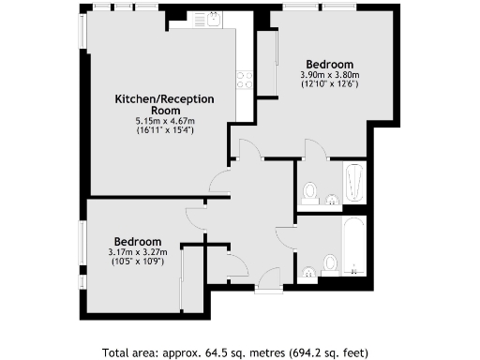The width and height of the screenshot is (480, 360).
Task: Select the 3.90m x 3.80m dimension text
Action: pos(329,75)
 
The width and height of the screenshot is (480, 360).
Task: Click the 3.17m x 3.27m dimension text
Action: pos(137,252)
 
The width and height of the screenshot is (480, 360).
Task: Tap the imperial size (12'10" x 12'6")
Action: pos(329,84)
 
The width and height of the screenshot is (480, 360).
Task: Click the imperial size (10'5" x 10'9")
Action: pos(137,262)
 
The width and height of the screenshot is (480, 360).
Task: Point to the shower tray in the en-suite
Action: pos(352,183)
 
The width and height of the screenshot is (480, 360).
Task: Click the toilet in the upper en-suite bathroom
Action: pos(311,191)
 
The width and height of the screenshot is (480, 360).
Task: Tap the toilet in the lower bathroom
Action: pos(329,262)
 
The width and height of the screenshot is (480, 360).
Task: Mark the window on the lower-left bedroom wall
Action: pos(82,247)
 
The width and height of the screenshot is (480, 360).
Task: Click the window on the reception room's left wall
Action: pos(82,33)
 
